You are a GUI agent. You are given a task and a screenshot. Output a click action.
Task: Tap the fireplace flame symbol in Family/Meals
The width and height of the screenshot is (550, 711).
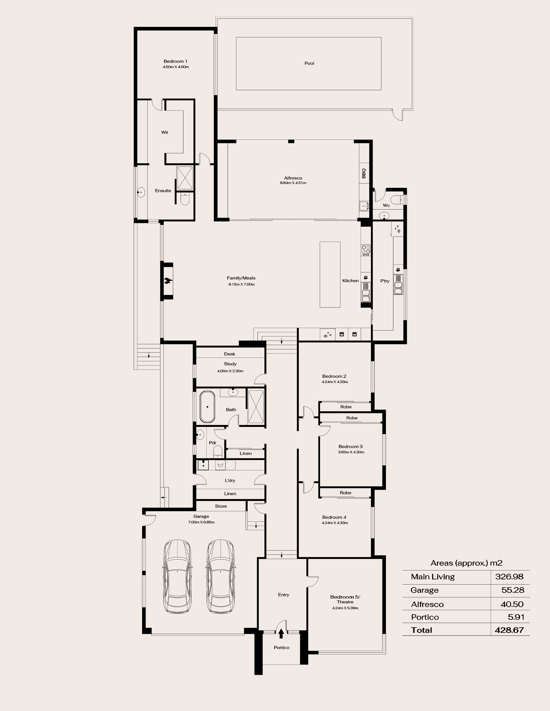pos(168,281)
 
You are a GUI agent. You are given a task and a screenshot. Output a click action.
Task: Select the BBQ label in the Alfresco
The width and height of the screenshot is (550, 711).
pos(364,173)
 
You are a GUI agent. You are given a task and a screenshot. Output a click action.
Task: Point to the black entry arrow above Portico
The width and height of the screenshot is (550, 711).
pos(281,633)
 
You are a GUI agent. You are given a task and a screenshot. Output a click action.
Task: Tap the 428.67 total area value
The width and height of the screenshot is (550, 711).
pos(509,630)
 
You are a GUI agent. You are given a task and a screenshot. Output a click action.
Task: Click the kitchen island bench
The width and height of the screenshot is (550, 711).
pos(330,274)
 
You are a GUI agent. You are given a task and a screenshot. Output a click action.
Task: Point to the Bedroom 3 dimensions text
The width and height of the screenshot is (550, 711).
pos(351,452)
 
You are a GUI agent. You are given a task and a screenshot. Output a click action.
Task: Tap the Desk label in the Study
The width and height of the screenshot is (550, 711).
pos(230,354)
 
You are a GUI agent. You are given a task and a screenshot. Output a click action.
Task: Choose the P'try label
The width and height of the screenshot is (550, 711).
pos(385,281)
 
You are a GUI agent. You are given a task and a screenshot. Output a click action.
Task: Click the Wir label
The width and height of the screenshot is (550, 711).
pos(165,132)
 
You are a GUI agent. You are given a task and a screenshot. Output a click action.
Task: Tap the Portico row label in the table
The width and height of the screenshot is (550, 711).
pos(425,617)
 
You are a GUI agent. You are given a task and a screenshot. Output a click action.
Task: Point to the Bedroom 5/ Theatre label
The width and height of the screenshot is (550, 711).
pos(345,599)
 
